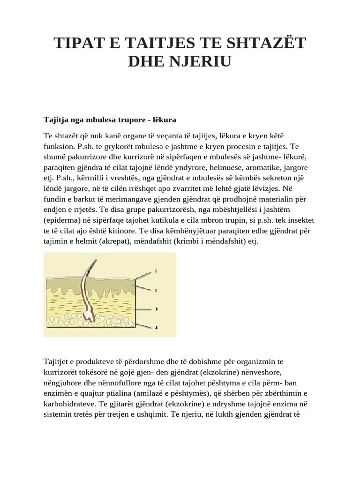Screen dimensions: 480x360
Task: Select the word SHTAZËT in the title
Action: (264, 43)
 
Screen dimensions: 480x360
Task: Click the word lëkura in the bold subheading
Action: (163, 120)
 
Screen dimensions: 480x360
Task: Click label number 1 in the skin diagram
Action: (156, 271)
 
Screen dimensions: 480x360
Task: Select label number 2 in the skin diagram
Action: (156, 290)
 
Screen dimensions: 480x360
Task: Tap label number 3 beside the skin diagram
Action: (156, 309)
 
